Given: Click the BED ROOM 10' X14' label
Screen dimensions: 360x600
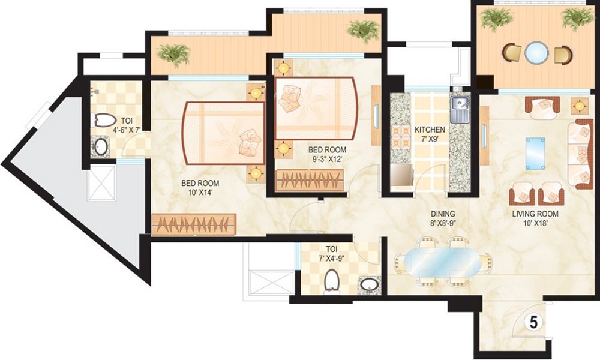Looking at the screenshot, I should tap(200, 188).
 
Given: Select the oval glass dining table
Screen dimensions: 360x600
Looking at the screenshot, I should tap(443, 263).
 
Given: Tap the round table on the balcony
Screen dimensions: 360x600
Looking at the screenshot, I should tap(536, 53).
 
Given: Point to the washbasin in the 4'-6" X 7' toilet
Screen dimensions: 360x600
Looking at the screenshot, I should tap(101, 146).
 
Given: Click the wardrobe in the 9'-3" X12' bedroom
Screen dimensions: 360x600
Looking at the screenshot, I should tap(310, 181).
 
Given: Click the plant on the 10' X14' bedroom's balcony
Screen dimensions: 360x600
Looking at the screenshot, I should tap(175, 53).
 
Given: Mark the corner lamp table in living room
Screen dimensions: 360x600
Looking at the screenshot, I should tap(579, 105).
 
